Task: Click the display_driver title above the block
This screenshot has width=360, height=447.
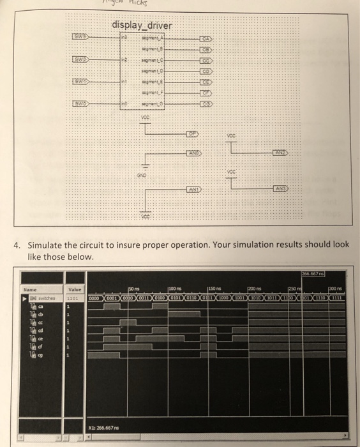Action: [x=141, y=26]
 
